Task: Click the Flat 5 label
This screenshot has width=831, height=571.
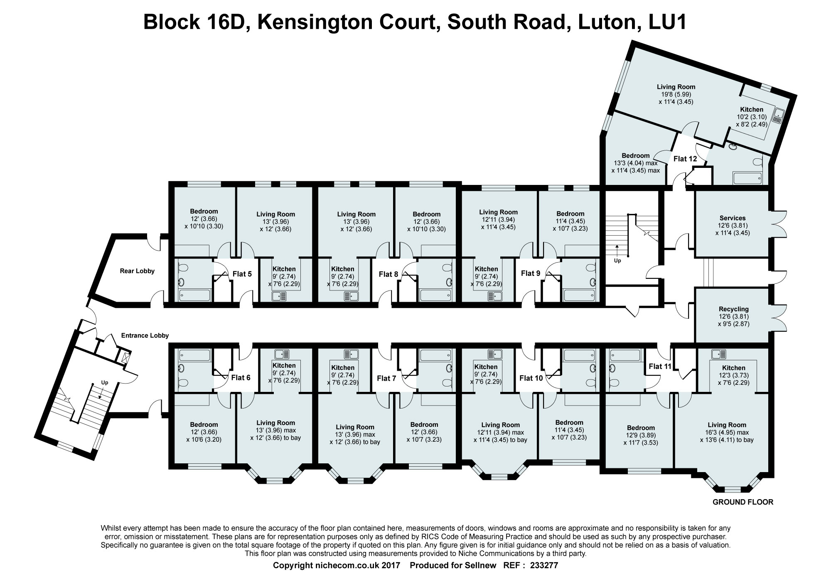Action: pos(242,274)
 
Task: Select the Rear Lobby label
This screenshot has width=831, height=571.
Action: pos(137,271)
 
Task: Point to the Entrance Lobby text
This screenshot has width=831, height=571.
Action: pos(145,335)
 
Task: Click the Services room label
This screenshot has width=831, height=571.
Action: pos(733,218)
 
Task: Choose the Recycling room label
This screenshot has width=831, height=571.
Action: pos(734,309)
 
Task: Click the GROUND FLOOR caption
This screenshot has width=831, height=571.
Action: pos(743,502)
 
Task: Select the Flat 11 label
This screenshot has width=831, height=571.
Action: pos(660,366)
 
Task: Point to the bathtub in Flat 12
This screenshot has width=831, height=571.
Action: pos(747,178)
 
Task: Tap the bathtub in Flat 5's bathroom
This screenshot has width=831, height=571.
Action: pos(195,295)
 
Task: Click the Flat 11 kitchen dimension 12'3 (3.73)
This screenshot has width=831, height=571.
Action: pos(734,375)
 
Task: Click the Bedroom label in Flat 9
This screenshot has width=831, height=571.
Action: pos(570,214)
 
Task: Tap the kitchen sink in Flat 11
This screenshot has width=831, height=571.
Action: pos(718,354)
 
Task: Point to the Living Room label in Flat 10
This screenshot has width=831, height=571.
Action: pos(501,425)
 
